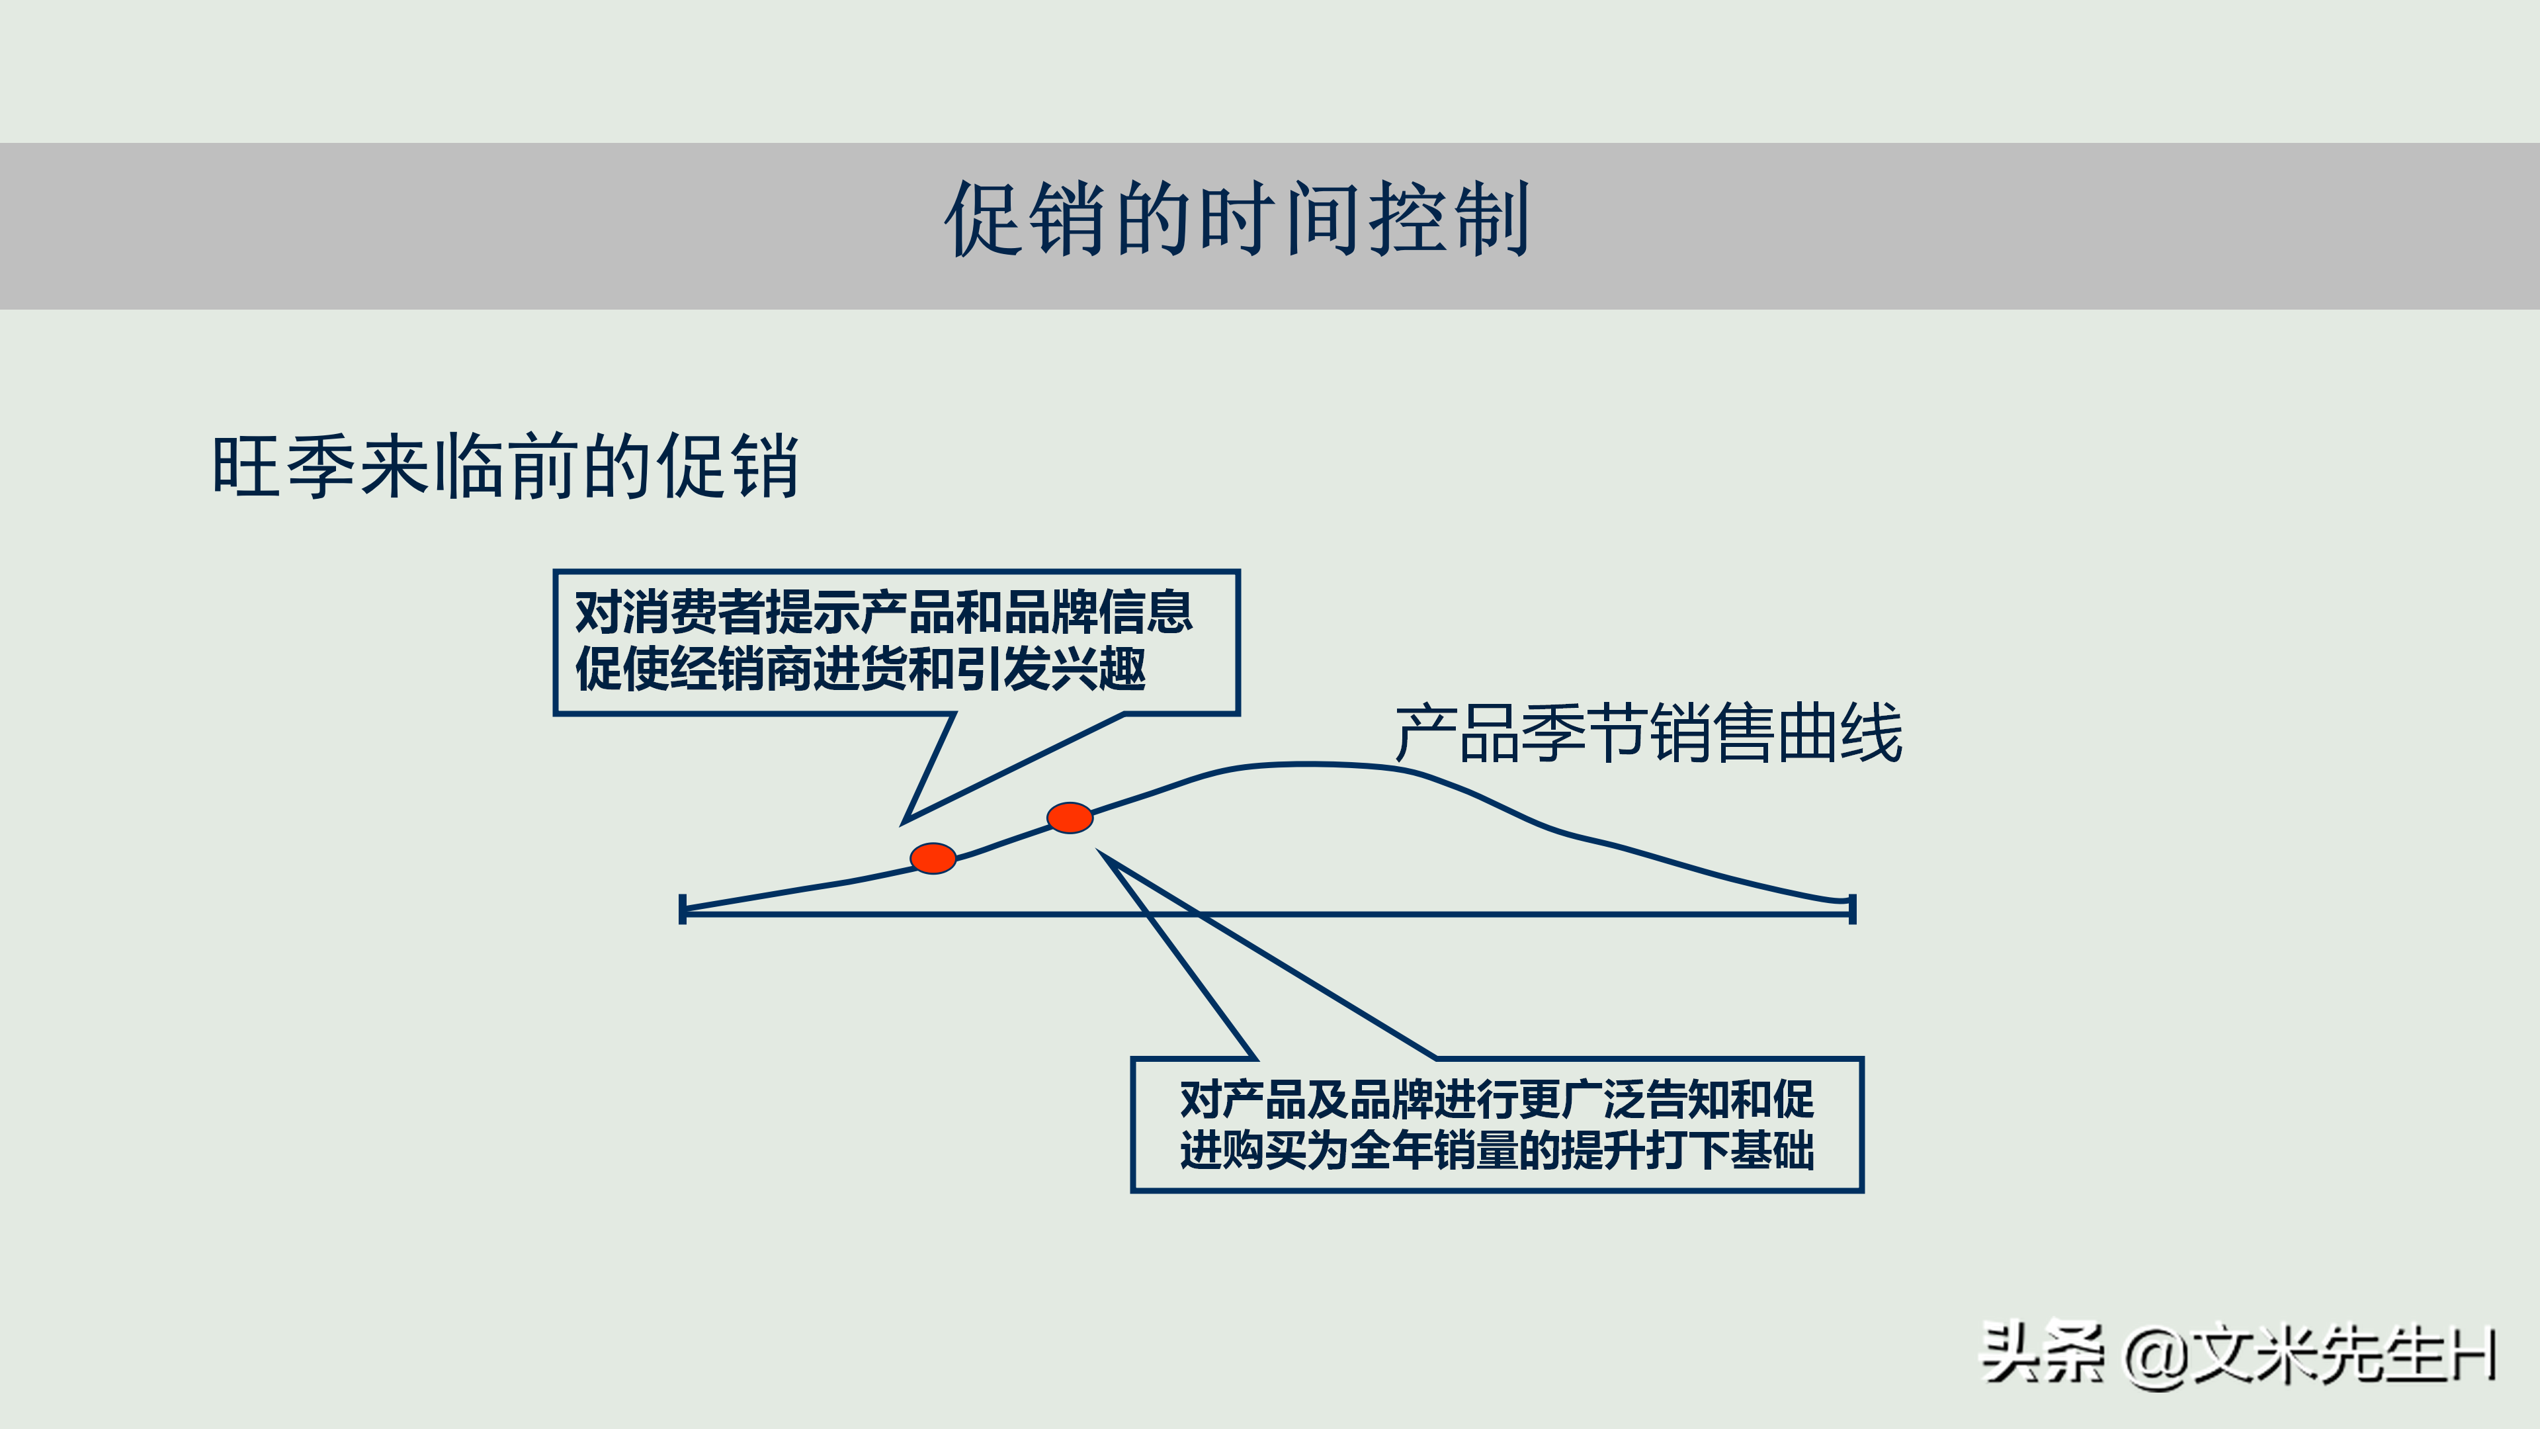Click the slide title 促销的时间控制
(x=1238, y=220)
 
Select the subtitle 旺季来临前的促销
(x=505, y=466)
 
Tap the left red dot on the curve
(x=933, y=858)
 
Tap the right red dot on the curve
(x=1070, y=818)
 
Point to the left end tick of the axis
(x=683, y=909)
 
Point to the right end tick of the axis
(x=1853, y=908)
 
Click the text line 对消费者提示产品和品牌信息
(x=884, y=613)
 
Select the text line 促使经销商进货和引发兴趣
(x=860, y=670)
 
